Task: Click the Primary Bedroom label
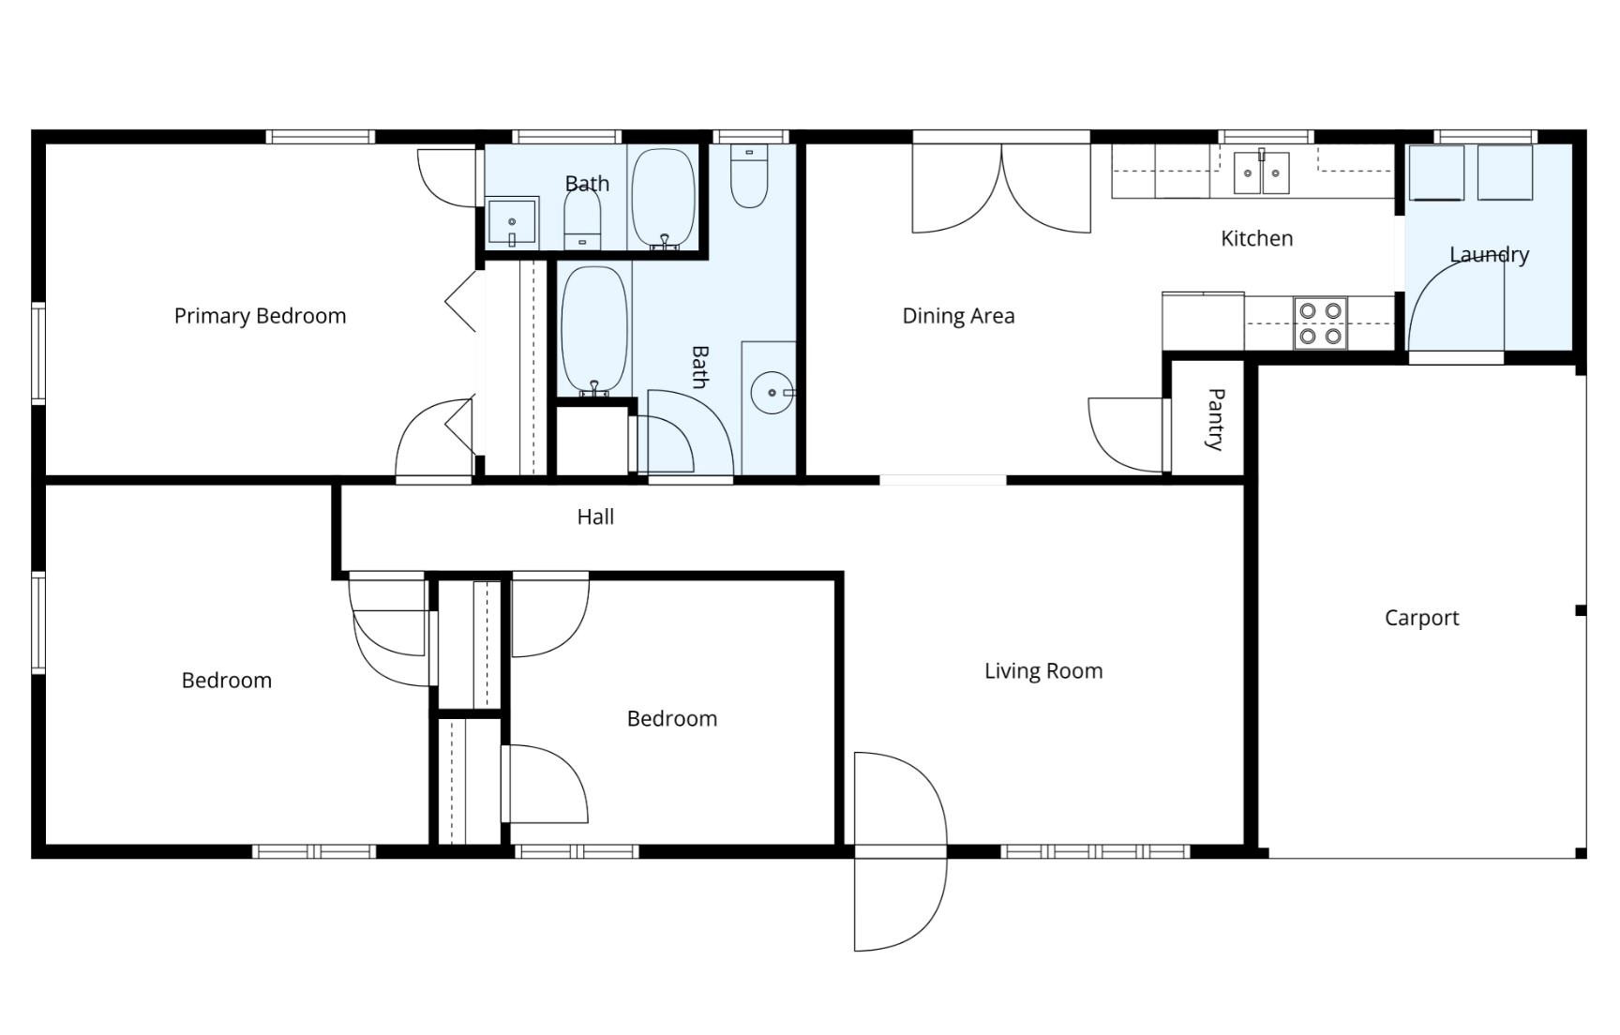pyautogui.click(x=260, y=316)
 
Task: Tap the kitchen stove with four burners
pyautogui.click(x=1320, y=322)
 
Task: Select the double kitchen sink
pyautogui.click(x=1261, y=172)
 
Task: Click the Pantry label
pyautogui.click(x=1214, y=419)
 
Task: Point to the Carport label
pyautogui.click(x=1421, y=618)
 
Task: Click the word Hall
pyautogui.click(x=595, y=517)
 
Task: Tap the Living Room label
pyautogui.click(x=1042, y=671)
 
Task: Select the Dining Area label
pyautogui.click(x=957, y=316)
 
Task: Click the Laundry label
pyautogui.click(x=1489, y=254)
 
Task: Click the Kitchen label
pyautogui.click(x=1256, y=238)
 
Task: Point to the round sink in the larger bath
pyautogui.click(x=772, y=393)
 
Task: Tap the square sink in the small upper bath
pyautogui.click(x=512, y=222)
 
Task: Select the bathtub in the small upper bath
pyautogui.click(x=663, y=198)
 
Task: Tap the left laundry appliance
pyautogui.click(x=1436, y=172)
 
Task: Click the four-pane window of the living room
pyautogui.click(x=1094, y=851)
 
